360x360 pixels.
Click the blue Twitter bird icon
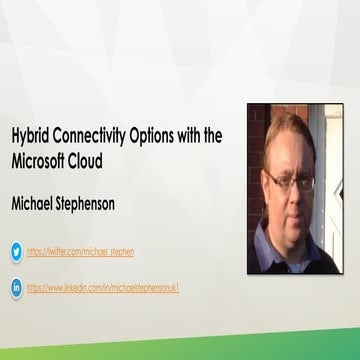coord(16,252)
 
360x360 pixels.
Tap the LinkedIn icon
coord(16,288)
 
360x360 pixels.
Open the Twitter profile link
coord(81,252)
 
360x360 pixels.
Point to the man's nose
coord(293,194)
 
